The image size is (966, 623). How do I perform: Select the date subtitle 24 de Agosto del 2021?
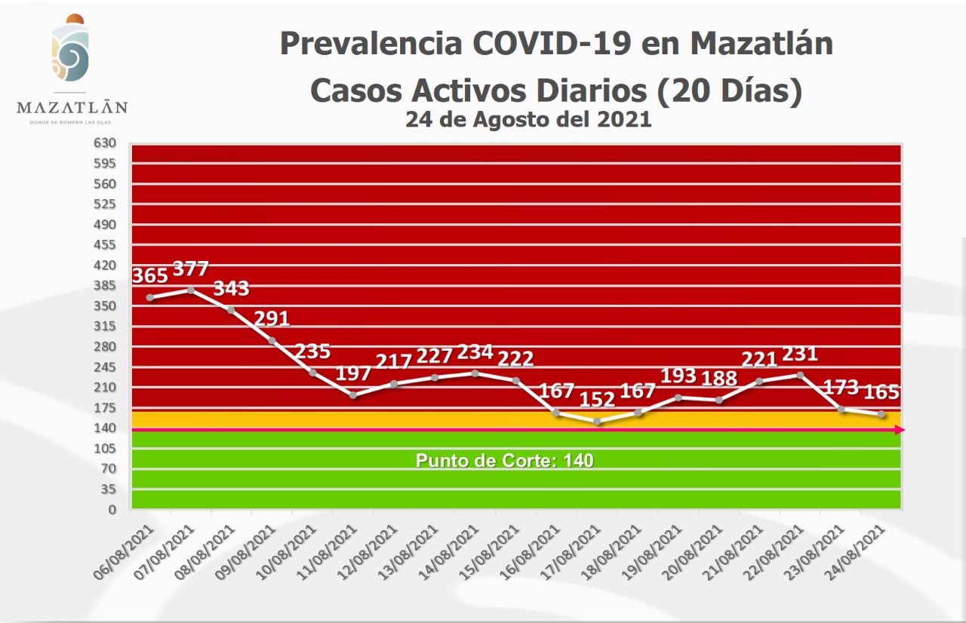[528, 119]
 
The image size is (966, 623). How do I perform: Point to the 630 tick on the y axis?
[105, 143]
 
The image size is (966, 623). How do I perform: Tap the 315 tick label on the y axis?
[105, 326]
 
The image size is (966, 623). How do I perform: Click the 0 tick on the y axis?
[112, 509]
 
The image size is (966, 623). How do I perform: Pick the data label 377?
[190, 269]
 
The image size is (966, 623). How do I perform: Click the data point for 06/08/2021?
[150, 297]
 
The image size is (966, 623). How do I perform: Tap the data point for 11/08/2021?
[353, 394]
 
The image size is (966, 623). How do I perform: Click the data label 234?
[475, 351]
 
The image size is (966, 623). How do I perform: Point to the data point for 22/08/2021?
[800, 374]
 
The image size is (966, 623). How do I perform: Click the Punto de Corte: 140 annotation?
[504, 460]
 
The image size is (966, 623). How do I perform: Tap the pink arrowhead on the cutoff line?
[900, 430]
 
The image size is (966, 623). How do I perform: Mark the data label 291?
[272, 318]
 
